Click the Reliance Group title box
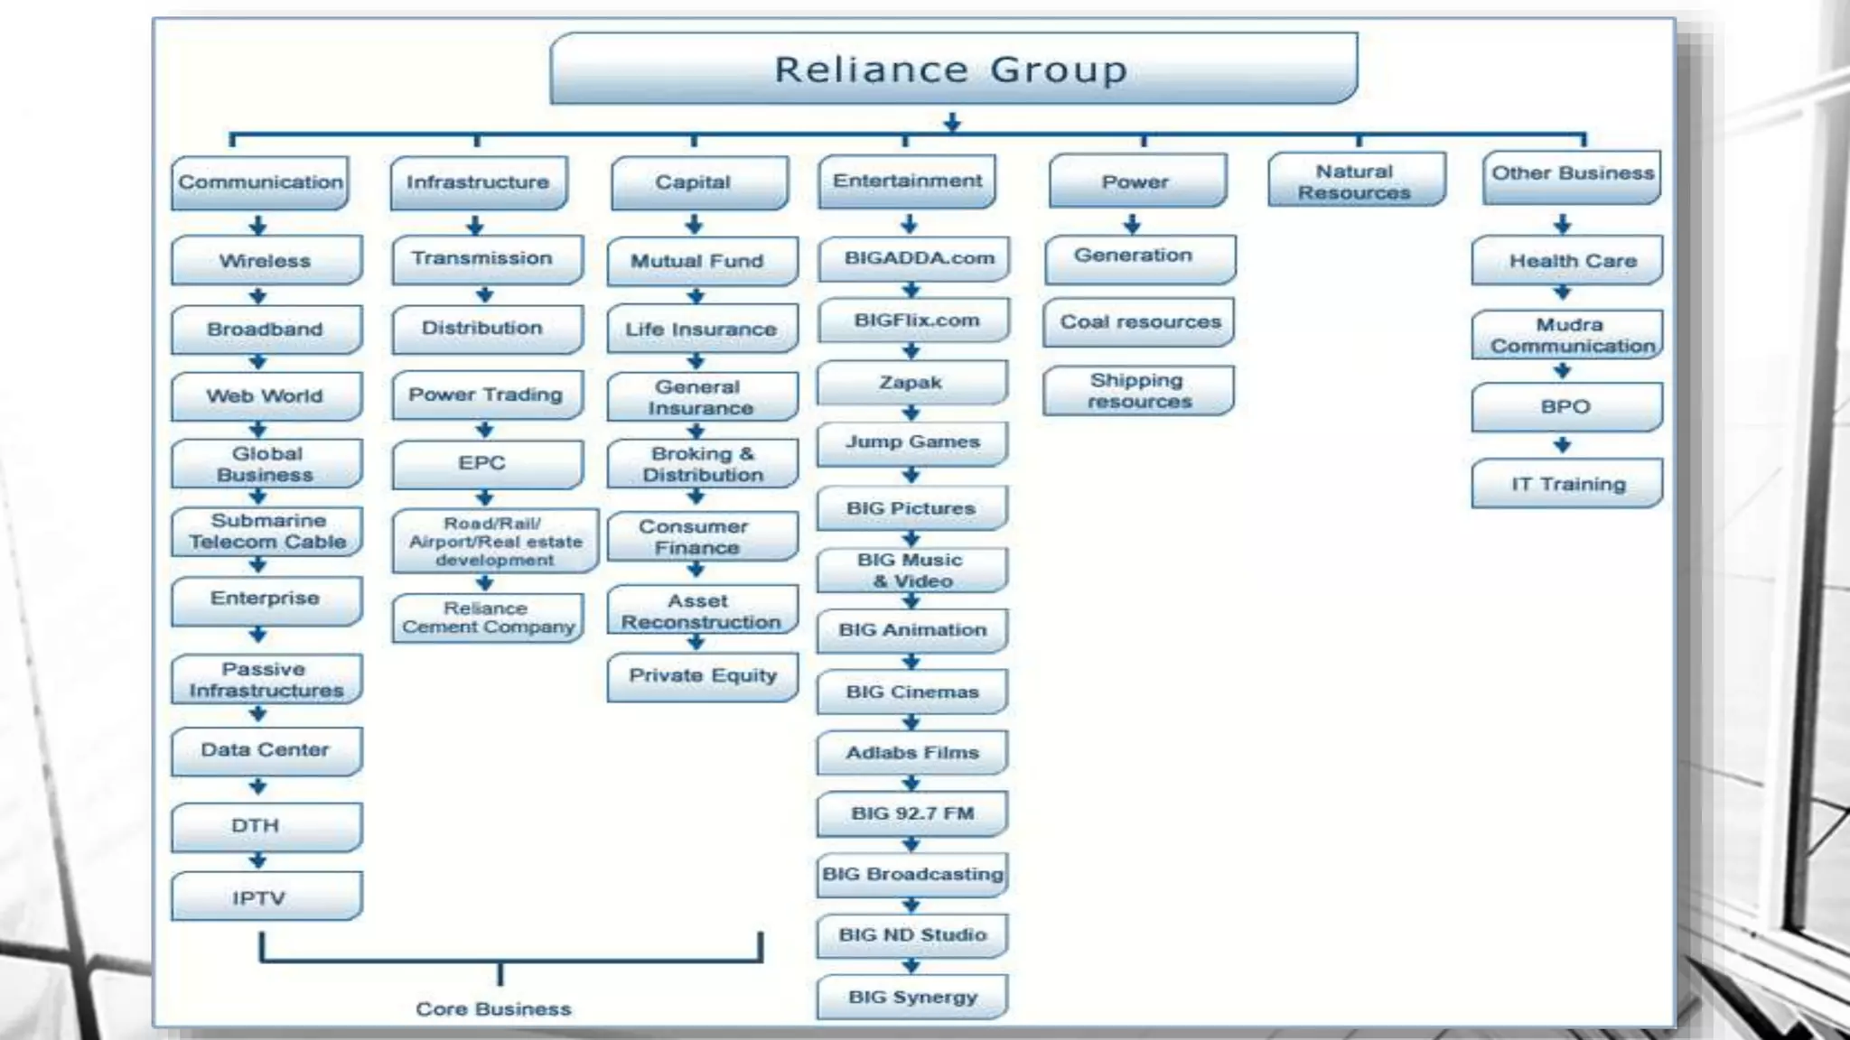pos(952,70)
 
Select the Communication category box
pos(260,182)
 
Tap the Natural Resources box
pos(1355,181)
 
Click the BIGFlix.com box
pos(913,320)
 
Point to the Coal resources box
pos(1138,322)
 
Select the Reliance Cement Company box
pos(488,617)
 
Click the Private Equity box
pos(702,676)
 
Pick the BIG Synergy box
pos(911,998)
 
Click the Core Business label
pos(493,1009)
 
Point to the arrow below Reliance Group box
pos(952,122)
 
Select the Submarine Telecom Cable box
pos(266,532)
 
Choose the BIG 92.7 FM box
pos(911,813)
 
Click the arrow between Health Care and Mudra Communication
pos(1563,292)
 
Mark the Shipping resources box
pos(1138,391)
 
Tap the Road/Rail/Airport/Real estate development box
pos(494,541)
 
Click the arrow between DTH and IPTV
pos(258,860)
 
